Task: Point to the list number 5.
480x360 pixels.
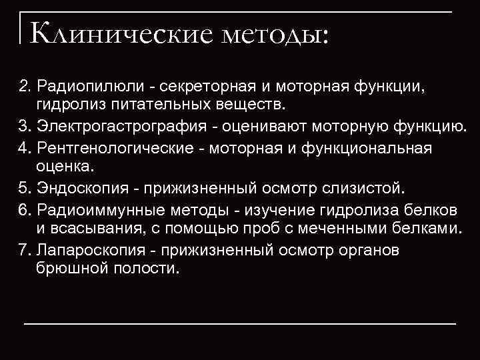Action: pyautogui.click(x=24, y=189)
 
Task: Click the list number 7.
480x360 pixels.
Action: pyautogui.click(x=24, y=251)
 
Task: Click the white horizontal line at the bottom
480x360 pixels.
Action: pyautogui.click(x=240, y=323)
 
